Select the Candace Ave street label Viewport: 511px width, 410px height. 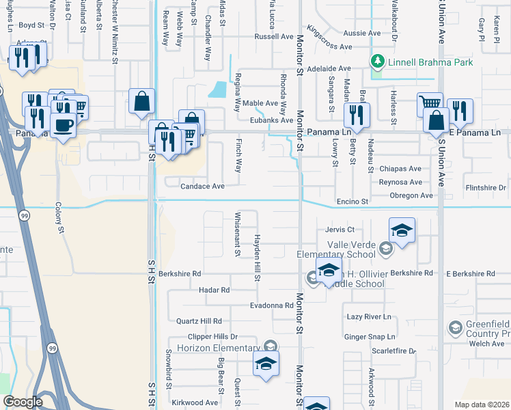point(202,186)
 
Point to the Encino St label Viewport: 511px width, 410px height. point(352,202)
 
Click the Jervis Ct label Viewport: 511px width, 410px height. point(340,230)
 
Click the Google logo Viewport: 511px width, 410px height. point(23,402)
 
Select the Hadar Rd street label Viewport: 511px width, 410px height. point(214,290)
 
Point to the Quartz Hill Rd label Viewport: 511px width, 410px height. point(199,320)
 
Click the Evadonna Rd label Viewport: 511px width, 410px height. point(271,305)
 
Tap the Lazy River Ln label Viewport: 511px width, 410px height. point(368,317)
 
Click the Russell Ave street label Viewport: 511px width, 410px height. point(273,36)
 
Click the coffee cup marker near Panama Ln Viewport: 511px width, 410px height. point(64,126)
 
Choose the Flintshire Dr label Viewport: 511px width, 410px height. point(484,187)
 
